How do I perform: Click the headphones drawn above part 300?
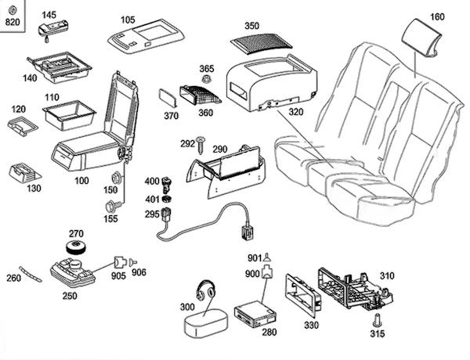206,290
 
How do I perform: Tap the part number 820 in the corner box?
13,22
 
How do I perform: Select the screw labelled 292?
201,146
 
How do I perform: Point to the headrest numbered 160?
421,37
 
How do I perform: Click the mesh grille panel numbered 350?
261,43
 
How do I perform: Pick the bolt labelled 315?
376,319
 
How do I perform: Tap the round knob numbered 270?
77,247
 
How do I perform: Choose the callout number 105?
128,20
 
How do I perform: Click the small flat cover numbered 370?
168,97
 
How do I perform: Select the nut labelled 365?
206,79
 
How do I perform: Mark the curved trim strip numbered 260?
31,274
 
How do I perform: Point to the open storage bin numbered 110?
69,115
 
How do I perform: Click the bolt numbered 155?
113,206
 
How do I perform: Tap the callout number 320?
296,112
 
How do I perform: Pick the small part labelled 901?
267,257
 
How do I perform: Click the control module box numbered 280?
255,314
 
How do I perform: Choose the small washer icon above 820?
13,11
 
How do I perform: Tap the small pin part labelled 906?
133,262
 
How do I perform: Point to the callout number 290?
219,149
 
